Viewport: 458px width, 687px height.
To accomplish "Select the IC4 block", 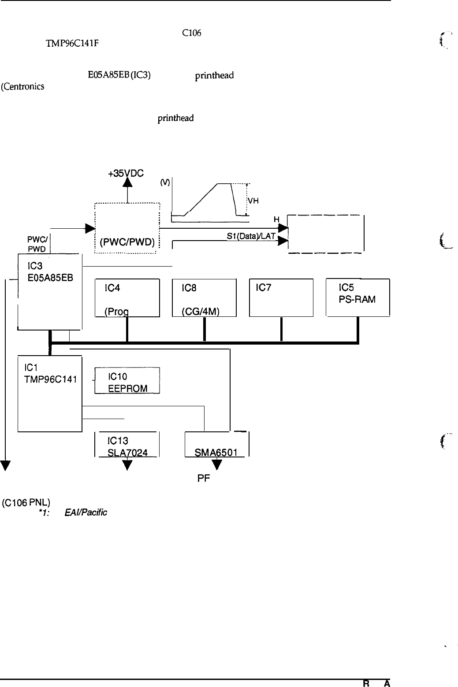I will (x=127, y=297).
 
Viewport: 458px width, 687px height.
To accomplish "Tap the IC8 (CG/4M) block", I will (x=204, y=297).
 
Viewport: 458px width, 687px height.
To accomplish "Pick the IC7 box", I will (x=281, y=297).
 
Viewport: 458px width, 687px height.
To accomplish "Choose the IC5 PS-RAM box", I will (x=357, y=297).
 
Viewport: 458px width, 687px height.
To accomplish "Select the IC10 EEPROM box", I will (x=127, y=380).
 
